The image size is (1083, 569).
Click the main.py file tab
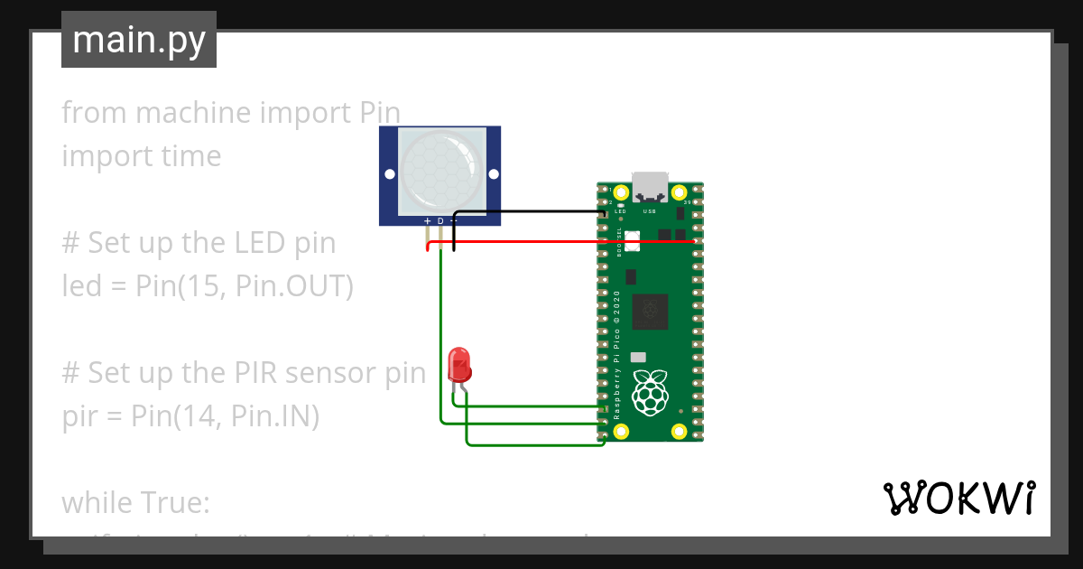point(138,40)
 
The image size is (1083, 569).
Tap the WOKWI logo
point(958,498)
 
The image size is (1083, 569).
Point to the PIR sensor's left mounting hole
point(390,173)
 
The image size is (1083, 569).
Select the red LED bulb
point(459,365)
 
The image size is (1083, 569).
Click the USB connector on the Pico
point(650,187)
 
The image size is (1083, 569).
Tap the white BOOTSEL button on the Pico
point(632,240)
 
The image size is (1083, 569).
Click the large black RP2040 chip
point(650,312)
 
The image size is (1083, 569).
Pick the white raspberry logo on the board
point(650,393)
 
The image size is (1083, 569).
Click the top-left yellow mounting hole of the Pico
point(620,192)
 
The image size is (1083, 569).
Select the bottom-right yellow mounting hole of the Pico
point(680,431)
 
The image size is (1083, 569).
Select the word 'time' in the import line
point(187,156)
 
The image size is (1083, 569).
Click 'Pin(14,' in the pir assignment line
point(177,416)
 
